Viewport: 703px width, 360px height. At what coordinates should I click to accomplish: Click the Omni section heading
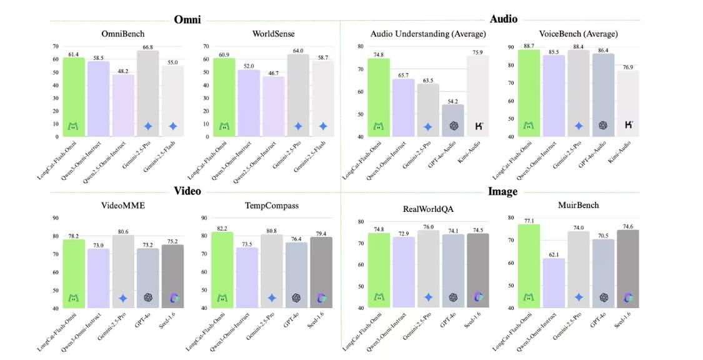click(x=187, y=19)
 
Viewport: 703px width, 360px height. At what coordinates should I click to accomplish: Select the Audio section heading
click(x=503, y=19)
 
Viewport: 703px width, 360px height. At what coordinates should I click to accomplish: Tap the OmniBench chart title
click(x=122, y=33)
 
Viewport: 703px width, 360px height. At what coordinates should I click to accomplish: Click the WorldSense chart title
click(x=273, y=33)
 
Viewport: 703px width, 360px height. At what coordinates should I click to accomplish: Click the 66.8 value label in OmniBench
click(x=147, y=46)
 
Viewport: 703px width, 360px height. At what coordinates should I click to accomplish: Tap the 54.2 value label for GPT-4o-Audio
click(x=453, y=100)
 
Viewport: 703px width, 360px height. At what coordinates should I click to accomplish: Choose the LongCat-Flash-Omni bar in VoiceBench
click(x=529, y=93)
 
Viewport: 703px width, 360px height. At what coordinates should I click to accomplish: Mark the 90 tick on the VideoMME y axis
click(x=55, y=218)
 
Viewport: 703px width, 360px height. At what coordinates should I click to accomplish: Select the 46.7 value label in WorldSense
click(x=273, y=72)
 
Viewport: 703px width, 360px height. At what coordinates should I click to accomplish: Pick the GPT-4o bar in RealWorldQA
click(x=453, y=271)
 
